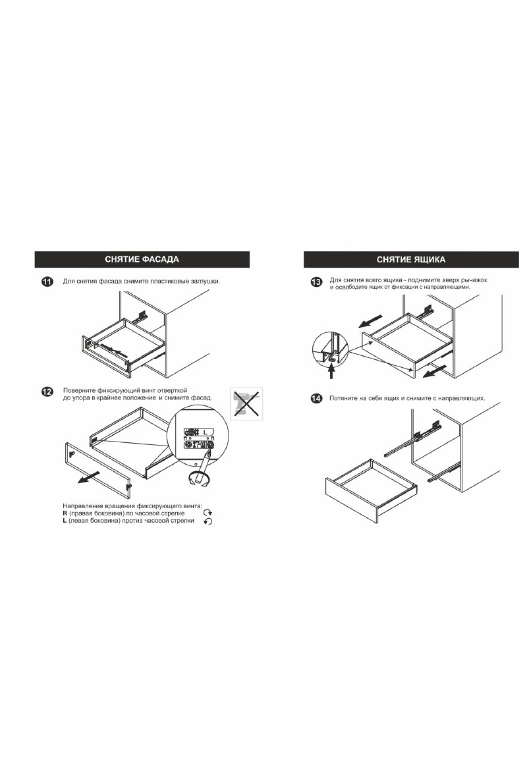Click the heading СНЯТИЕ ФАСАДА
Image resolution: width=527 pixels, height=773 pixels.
pyautogui.click(x=142, y=259)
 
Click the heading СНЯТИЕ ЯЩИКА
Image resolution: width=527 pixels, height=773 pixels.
pyautogui.click(x=411, y=260)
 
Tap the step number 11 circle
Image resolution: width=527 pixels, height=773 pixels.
pyautogui.click(x=47, y=282)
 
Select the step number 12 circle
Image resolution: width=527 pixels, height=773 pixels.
pyautogui.click(x=47, y=392)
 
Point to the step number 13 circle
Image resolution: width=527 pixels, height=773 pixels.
pyautogui.click(x=316, y=282)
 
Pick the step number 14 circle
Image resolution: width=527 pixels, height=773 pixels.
pyautogui.click(x=316, y=399)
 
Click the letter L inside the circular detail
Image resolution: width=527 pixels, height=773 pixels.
pyautogui.click(x=205, y=432)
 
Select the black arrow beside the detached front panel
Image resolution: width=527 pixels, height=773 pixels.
pyautogui.click(x=87, y=478)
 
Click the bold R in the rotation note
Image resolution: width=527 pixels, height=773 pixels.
pyautogui.click(x=65, y=513)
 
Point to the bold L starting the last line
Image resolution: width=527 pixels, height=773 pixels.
pyautogui.click(x=65, y=521)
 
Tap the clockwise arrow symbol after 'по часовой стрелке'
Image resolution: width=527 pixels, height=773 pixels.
pyautogui.click(x=208, y=513)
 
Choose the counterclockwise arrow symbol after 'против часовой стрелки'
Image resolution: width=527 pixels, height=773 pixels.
pyautogui.click(x=208, y=521)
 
